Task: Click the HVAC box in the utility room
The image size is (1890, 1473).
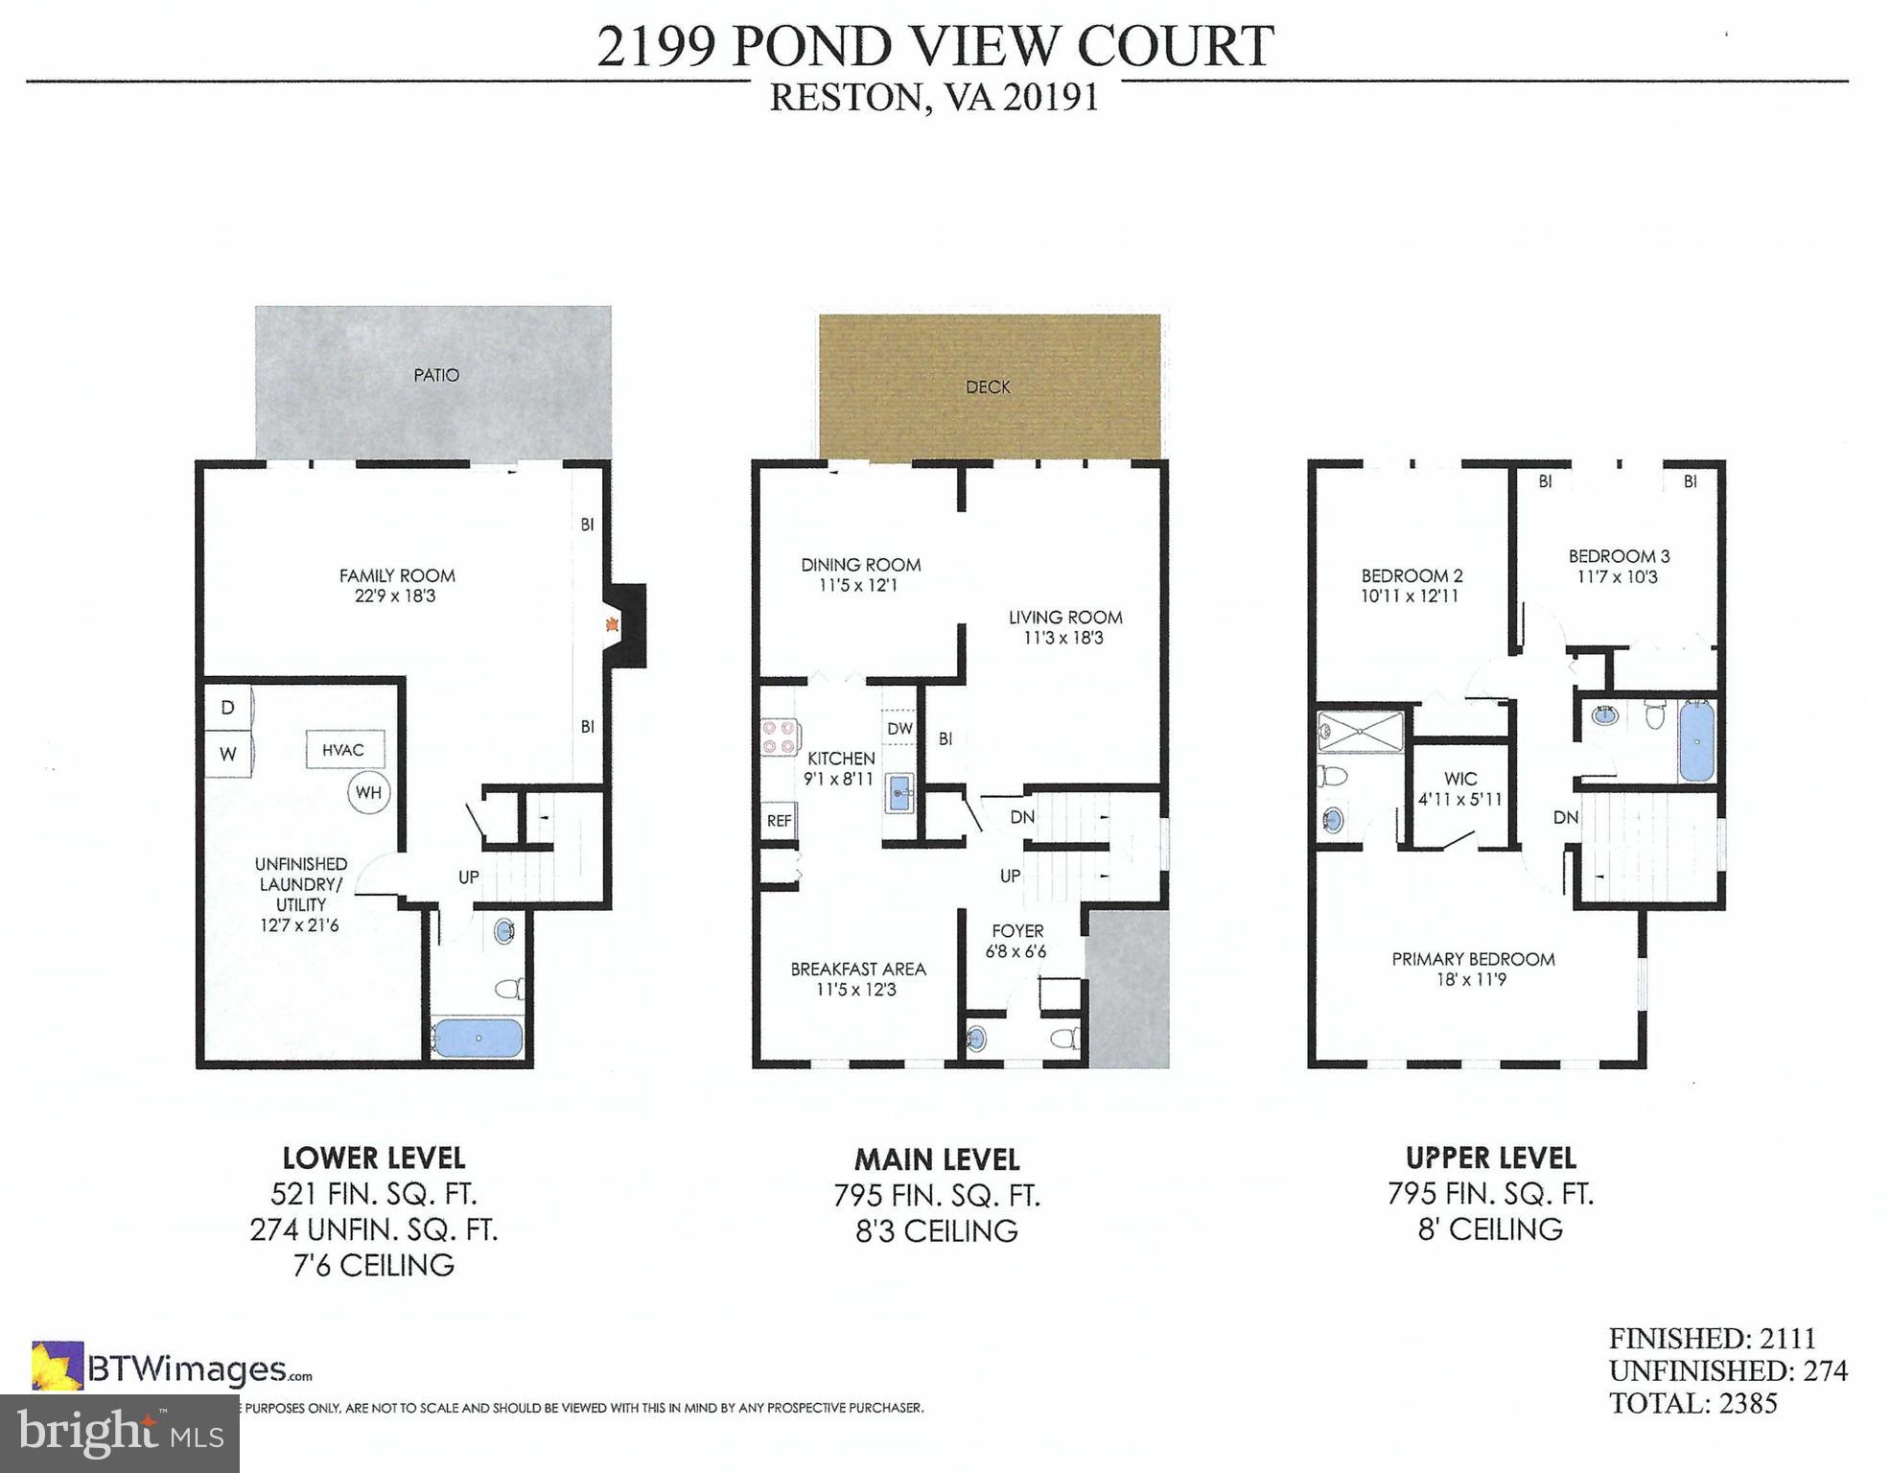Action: pyautogui.click(x=343, y=750)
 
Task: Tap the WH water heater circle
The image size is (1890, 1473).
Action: pyautogui.click(x=368, y=792)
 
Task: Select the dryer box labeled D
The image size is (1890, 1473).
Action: pyautogui.click(x=227, y=708)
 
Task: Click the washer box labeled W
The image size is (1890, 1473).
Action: pyautogui.click(x=227, y=754)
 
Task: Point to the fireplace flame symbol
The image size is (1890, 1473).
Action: pyautogui.click(x=611, y=625)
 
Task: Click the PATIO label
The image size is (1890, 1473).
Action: pyautogui.click(x=436, y=375)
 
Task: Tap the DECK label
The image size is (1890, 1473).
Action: pyautogui.click(x=988, y=386)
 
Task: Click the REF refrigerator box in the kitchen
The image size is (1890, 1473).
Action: pyautogui.click(x=779, y=821)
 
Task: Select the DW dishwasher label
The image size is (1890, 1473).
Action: pyautogui.click(x=899, y=729)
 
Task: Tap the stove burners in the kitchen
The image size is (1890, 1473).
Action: pyautogui.click(x=779, y=736)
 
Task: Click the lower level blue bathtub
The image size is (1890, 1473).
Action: pyautogui.click(x=477, y=1039)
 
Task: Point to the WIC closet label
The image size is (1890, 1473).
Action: pyautogui.click(x=1460, y=779)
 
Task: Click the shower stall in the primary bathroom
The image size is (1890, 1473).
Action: pyautogui.click(x=1361, y=731)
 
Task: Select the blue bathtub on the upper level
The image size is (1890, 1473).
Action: pyautogui.click(x=1696, y=741)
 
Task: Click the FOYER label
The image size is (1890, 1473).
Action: pyautogui.click(x=1017, y=930)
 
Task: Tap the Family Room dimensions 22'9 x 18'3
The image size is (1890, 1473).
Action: pyautogui.click(x=396, y=596)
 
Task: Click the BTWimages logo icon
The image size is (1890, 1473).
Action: pyautogui.click(x=57, y=1366)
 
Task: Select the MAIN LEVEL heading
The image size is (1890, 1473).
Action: pyautogui.click(x=937, y=1159)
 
